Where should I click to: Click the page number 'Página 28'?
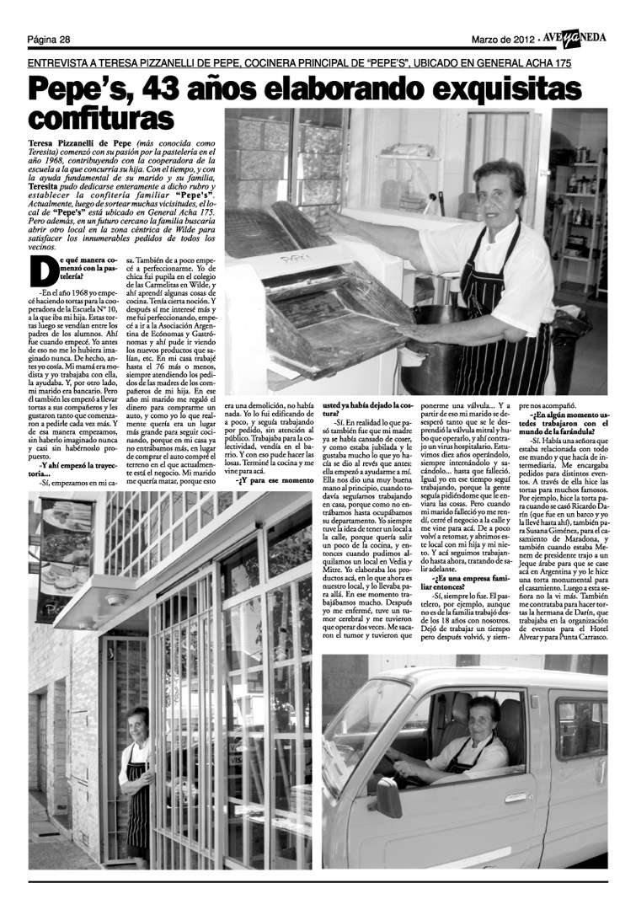[x=48, y=39]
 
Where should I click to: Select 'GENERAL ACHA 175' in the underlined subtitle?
[x=520, y=63]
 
